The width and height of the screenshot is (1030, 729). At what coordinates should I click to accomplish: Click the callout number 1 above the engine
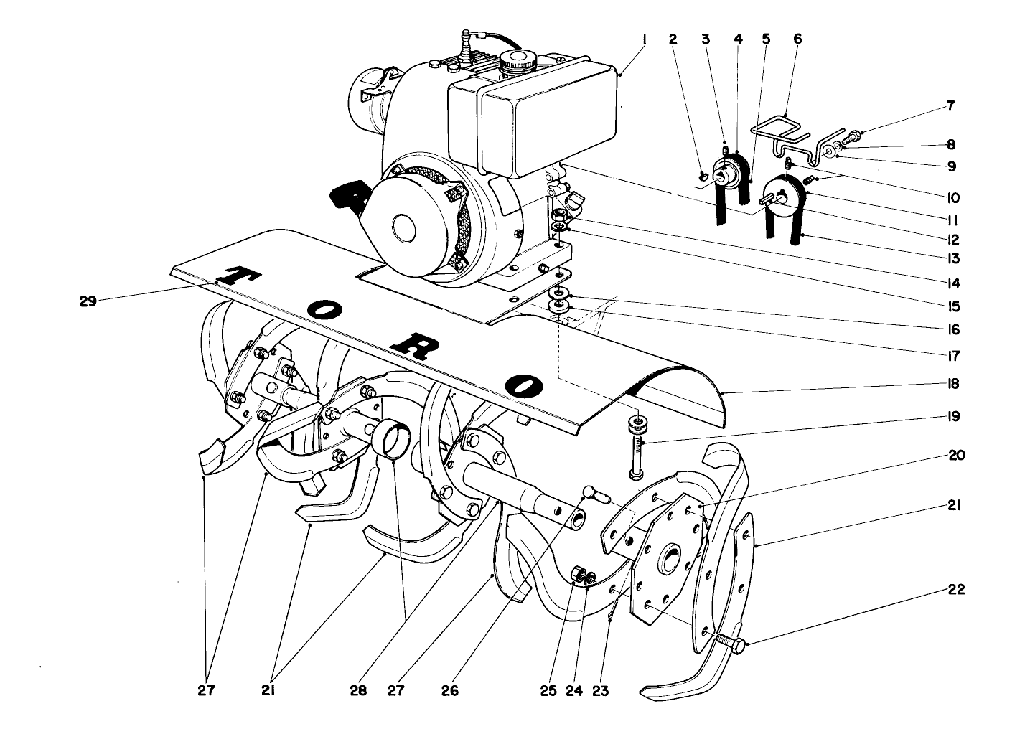pyautogui.click(x=644, y=39)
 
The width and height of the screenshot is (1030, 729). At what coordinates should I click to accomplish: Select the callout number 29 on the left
pyautogui.click(x=88, y=302)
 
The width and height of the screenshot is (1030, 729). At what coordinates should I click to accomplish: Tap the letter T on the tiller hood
pyautogui.click(x=235, y=276)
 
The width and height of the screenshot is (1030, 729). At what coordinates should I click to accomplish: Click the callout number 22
pyautogui.click(x=955, y=590)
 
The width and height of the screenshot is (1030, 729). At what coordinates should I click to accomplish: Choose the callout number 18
pyautogui.click(x=953, y=384)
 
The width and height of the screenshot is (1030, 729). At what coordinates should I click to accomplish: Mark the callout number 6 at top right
pyautogui.click(x=797, y=39)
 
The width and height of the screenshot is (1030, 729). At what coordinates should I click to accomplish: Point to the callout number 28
pyautogui.click(x=358, y=690)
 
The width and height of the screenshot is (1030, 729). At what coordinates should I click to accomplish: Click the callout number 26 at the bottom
pyautogui.click(x=449, y=690)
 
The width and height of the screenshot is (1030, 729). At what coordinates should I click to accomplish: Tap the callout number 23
pyautogui.click(x=600, y=690)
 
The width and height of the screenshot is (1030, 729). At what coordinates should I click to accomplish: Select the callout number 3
pyautogui.click(x=706, y=39)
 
